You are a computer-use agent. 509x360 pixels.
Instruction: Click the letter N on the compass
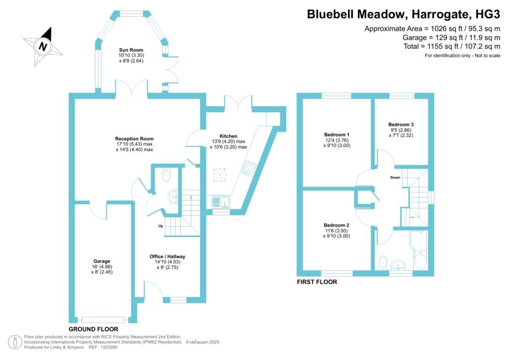pos(43,46)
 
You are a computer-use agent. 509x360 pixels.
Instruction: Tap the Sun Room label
pos(131,50)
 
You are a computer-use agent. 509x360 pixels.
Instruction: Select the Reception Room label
pos(134,139)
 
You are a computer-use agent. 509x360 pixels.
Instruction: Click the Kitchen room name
pos(229,136)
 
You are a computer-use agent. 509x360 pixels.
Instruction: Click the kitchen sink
pos(221,202)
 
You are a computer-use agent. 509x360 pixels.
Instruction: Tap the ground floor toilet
pos(166,175)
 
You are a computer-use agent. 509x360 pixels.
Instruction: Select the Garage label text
pos(102,261)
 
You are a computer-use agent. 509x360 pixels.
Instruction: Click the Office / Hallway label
pos(168,257)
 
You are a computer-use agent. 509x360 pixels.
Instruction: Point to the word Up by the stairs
pos(161,226)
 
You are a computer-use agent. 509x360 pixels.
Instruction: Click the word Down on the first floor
pos(395,178)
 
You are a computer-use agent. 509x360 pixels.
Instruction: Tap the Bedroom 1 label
pos(337,135)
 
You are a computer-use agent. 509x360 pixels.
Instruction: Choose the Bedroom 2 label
pos(337,225)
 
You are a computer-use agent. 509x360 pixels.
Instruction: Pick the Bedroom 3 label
pos(401,124)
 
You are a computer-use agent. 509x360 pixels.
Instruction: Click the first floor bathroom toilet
pos(383,263)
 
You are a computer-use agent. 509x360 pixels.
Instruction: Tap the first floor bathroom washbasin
pos(398,265)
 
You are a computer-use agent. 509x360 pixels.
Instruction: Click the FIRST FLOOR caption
pos(317,282)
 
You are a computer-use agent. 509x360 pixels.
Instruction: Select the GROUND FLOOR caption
pos(93,329)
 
